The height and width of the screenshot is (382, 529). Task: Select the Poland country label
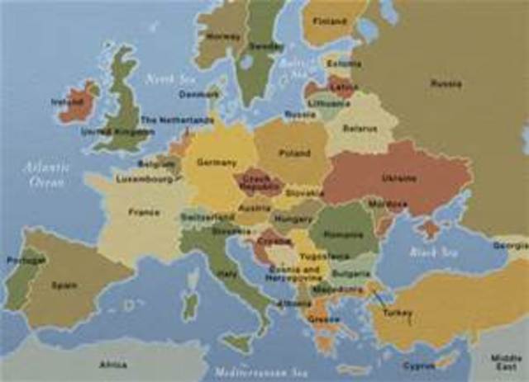295,153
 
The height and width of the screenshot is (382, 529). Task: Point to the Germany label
218,163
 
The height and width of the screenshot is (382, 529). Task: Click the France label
144,212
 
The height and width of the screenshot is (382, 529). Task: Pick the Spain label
64,285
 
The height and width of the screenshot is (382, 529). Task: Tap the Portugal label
25,260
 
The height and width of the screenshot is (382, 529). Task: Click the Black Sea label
433,252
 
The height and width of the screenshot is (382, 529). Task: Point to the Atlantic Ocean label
47,175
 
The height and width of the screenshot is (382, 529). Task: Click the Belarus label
360,129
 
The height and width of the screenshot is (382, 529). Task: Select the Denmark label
199,94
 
